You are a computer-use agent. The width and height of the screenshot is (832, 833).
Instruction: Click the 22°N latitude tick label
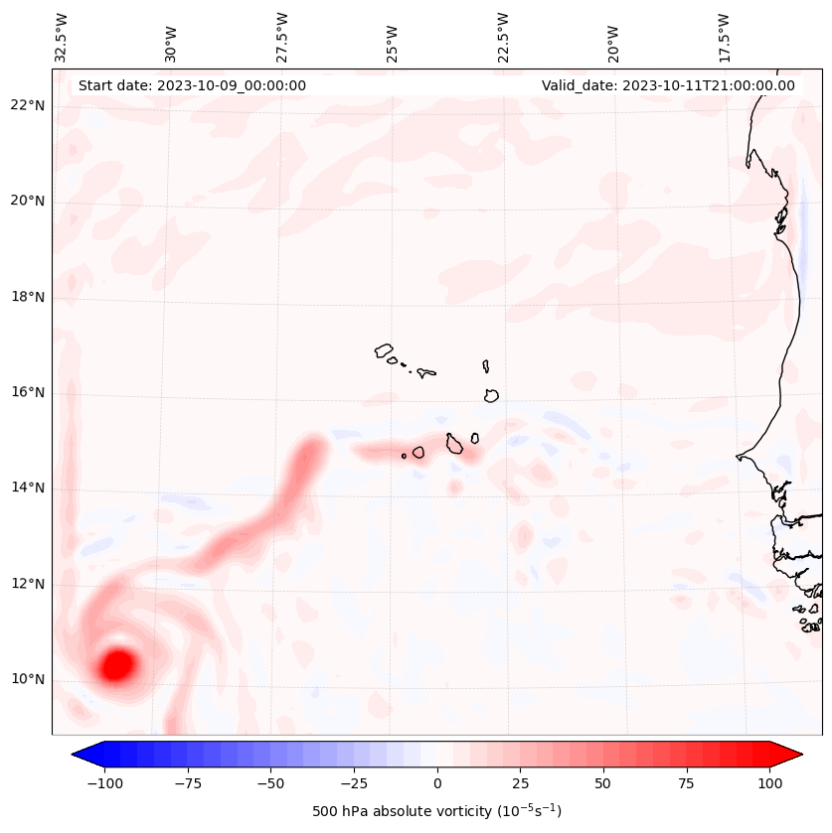coord(28,106)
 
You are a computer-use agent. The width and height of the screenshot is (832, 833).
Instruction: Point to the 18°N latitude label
coord(28,298)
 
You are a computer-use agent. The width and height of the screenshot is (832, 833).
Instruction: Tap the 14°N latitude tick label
coord(28,488)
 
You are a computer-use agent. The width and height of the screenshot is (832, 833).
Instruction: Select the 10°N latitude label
coord(28,680)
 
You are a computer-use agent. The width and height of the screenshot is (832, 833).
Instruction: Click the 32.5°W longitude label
coord(62,38)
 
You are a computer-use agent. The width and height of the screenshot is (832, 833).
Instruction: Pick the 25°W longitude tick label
coord(393,38)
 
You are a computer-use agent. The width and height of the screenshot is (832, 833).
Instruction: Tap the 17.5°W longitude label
coord(724,38)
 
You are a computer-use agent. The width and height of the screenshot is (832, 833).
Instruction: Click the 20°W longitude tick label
coord(613,38)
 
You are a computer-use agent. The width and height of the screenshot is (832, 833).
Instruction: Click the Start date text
coord(192,85)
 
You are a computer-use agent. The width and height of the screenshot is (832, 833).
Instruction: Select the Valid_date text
coord(668,85)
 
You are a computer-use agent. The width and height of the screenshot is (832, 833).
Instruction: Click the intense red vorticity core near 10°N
coord(117,664)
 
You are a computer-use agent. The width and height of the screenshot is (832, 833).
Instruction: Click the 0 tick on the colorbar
coord(437,783)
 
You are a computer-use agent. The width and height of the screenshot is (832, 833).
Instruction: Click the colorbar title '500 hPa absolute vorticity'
coord(436,811)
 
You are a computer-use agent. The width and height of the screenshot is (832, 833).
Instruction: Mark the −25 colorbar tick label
coord(352,783)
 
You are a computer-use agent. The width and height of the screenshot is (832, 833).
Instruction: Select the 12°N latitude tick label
coord(28,585)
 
